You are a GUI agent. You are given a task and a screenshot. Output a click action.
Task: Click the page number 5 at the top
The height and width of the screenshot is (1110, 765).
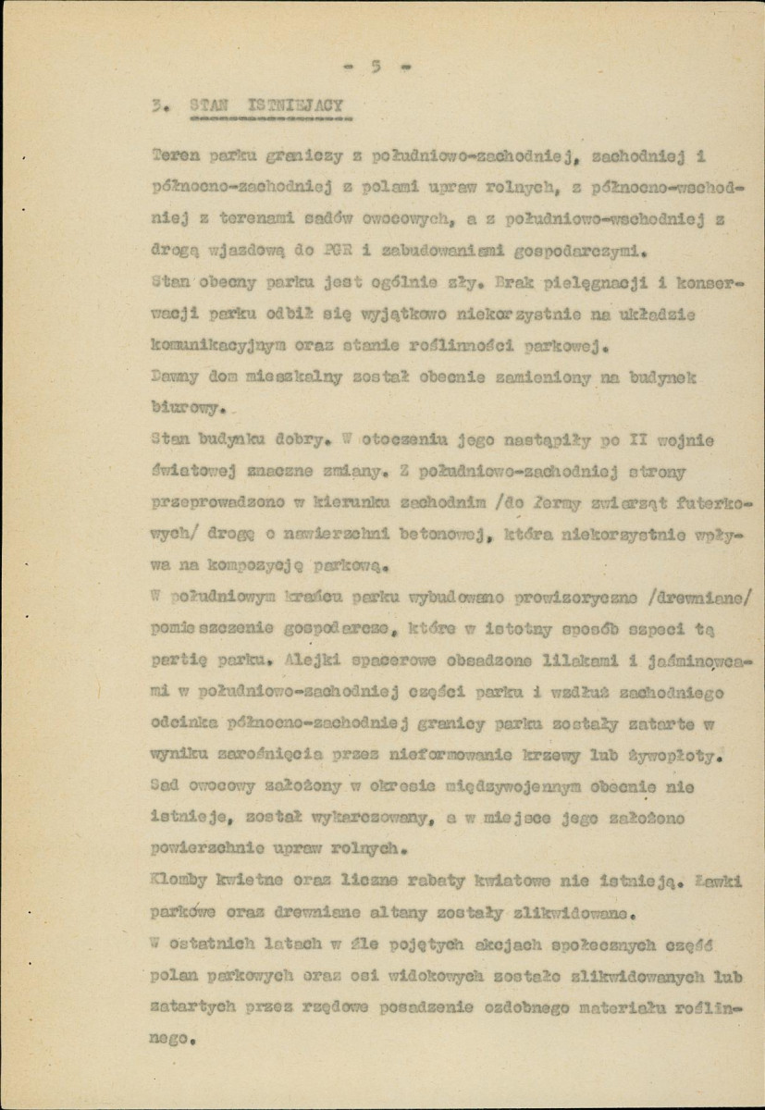tap(376, 66)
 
